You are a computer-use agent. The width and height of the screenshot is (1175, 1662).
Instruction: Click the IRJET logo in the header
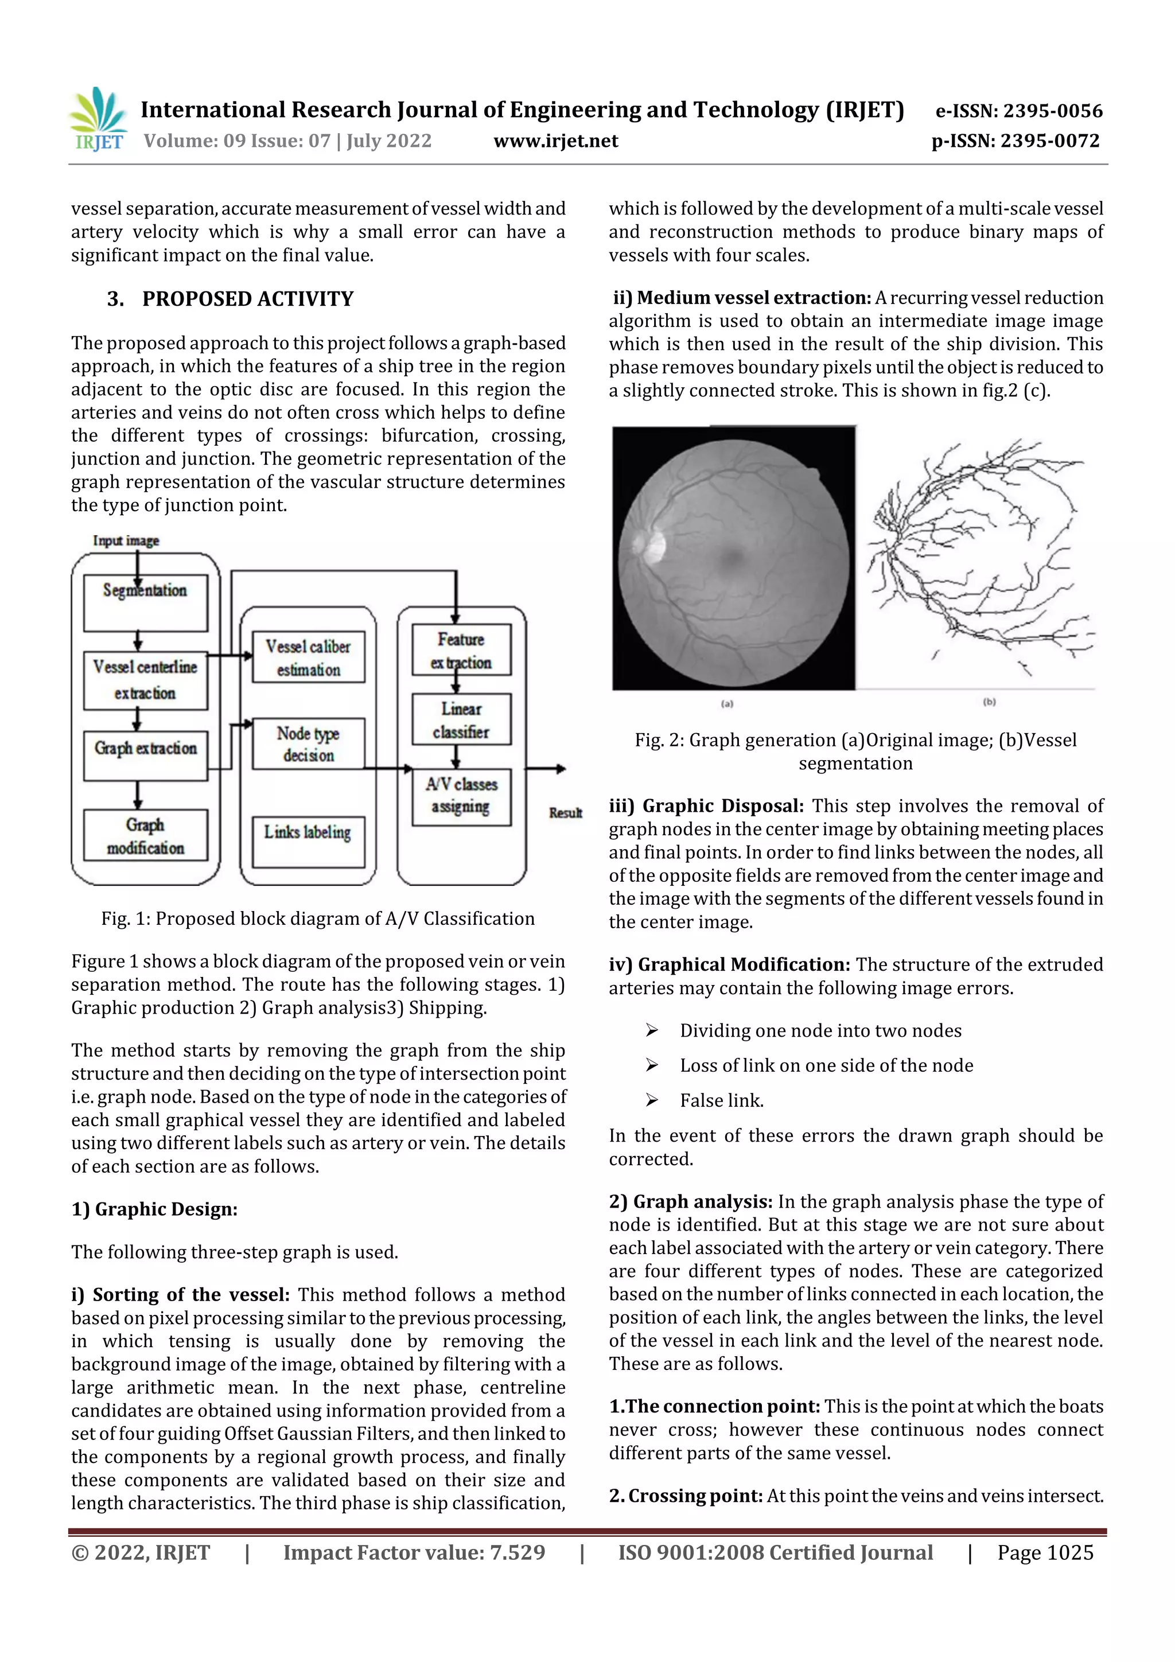pos(99,119)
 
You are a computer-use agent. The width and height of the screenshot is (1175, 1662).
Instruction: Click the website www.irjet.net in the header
pos(555,141)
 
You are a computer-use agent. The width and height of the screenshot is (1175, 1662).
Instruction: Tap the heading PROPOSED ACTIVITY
pos(248,299)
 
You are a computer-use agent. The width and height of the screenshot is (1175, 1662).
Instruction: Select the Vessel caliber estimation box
pos(309,657)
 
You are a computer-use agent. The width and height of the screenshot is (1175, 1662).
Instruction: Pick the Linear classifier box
pos(461,719)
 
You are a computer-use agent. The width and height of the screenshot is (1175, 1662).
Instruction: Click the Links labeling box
pos(309,841)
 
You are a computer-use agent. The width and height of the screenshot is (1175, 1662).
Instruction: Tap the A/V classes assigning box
pos(461,796)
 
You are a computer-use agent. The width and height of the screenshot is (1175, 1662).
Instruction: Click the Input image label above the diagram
pos(126,541)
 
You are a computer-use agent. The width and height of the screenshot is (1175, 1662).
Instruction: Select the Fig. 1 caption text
pos(318,918)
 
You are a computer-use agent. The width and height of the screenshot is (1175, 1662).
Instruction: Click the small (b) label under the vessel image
pos(989,702)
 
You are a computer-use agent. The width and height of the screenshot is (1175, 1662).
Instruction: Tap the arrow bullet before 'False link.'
pos(652,1100)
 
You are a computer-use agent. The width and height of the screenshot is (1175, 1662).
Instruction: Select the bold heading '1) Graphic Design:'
pos(154,1209)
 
